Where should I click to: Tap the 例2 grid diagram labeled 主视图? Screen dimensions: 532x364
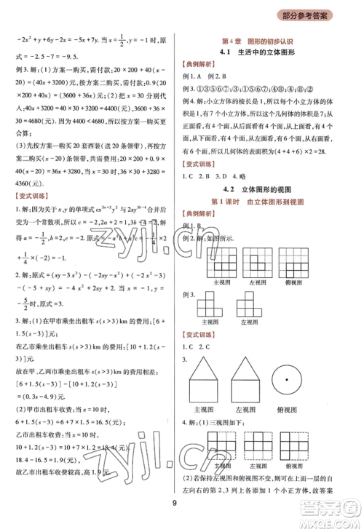(221, 260)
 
